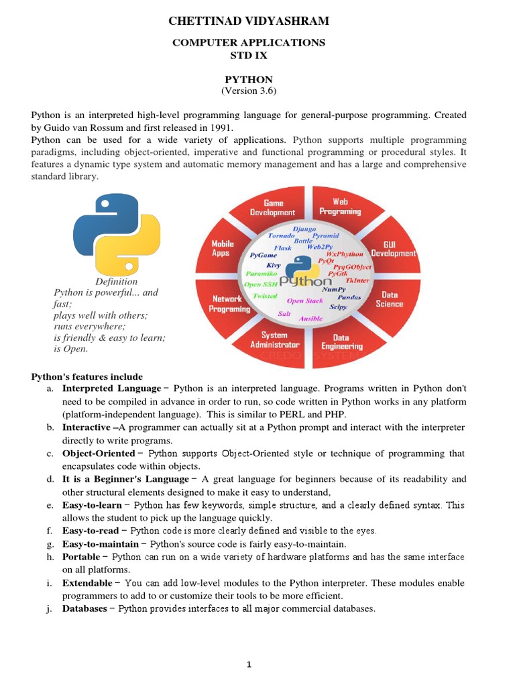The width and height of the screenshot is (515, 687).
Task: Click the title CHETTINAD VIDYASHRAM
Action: click(249, 22)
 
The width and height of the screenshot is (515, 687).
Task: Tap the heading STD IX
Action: click(249, 54)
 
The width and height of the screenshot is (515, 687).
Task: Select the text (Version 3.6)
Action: click(249, 91)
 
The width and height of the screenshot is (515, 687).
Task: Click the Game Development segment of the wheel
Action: click(272, 207)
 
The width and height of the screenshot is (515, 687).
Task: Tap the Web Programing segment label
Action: click(340, 206)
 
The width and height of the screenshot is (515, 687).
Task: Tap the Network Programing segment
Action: click(229, 304)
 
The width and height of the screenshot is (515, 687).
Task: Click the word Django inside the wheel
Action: click(304, 229)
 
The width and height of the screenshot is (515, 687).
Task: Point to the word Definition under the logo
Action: click(116, 282)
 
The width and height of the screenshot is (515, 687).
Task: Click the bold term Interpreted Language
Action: click(111, 388)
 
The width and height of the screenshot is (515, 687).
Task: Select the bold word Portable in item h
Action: click(80, 558)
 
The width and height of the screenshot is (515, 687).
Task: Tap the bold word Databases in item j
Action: click(84, 609)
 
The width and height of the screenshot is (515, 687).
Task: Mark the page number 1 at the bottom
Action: click(249, 665)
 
